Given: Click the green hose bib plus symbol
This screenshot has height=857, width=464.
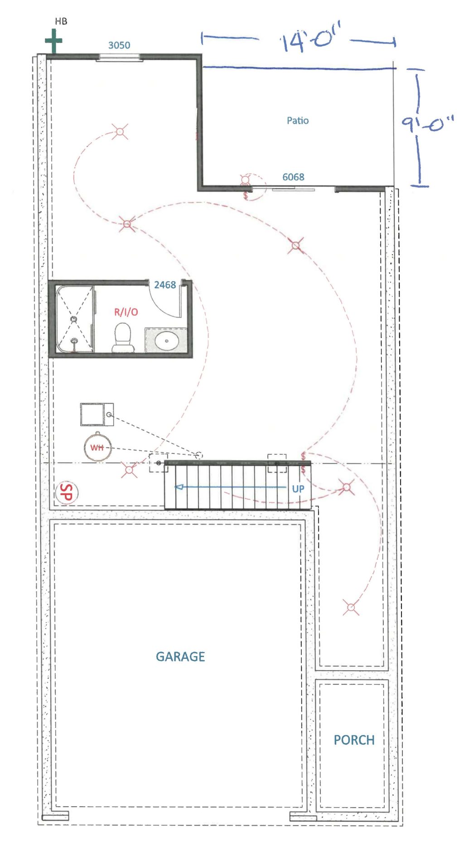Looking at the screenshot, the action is pyautogui.click(x=53, y=41).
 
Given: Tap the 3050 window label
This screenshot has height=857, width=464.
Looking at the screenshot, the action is pyautogui.click(x=119, y=45).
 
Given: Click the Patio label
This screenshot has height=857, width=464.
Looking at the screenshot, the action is pyautogui.click(x=298, y=121).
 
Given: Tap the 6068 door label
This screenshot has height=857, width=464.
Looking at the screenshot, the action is pyautogui.click(x=293, y=177).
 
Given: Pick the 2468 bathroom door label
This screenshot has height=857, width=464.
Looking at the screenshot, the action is pyautogui.click(x=165, y=285).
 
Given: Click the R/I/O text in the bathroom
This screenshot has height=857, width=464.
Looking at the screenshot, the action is pyautogui.click(x=126, y=312).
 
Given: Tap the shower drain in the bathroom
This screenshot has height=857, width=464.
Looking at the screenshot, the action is pyautogui.click(x=74, y=319).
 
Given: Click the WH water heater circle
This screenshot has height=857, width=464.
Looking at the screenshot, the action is pyautogui.click(x=97, y=448).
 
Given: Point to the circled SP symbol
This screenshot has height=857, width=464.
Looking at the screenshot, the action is pyautogui.click(x=66, y=492).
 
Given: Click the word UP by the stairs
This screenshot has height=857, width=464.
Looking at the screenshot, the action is pyautogui.click(x=298, y=489).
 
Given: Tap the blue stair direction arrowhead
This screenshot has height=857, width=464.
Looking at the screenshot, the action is pyautogui.click(x=179, y=487).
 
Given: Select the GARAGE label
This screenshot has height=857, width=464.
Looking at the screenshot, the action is pyautogui.click(x=180, y=657).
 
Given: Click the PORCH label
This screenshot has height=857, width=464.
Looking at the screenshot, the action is pyautogui.click(x=354, y=740).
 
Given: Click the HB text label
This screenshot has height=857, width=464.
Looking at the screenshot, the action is pyautogui.click(x=61, y=21).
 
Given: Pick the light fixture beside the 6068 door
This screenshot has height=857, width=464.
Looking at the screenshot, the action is pyautogui.click(x=245, y=180).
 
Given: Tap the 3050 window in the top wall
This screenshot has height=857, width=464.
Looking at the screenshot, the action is pyautogui.click(x=120, y=57).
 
